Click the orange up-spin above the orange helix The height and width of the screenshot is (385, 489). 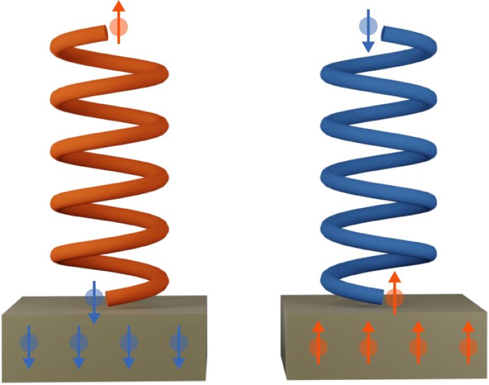[x=118, y=26]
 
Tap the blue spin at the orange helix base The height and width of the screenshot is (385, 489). [x=93, y=296]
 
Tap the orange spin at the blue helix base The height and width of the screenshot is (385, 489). [x=394, y=298]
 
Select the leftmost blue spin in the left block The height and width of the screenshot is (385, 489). [x=28, y=343]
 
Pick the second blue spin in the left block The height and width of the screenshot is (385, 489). [x=79, y=343]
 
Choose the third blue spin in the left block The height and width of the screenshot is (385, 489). [x=128, y=343]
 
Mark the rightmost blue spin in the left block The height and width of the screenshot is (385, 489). [x=179, y=343]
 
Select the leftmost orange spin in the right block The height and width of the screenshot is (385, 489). [x=318, y=346]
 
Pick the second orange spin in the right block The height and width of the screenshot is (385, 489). [x=368, y=346]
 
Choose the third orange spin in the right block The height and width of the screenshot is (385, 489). [x=417, y=346]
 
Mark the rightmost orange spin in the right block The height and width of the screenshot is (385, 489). [x=467, y=346]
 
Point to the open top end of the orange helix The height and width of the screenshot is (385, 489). [x=103, y=30]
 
